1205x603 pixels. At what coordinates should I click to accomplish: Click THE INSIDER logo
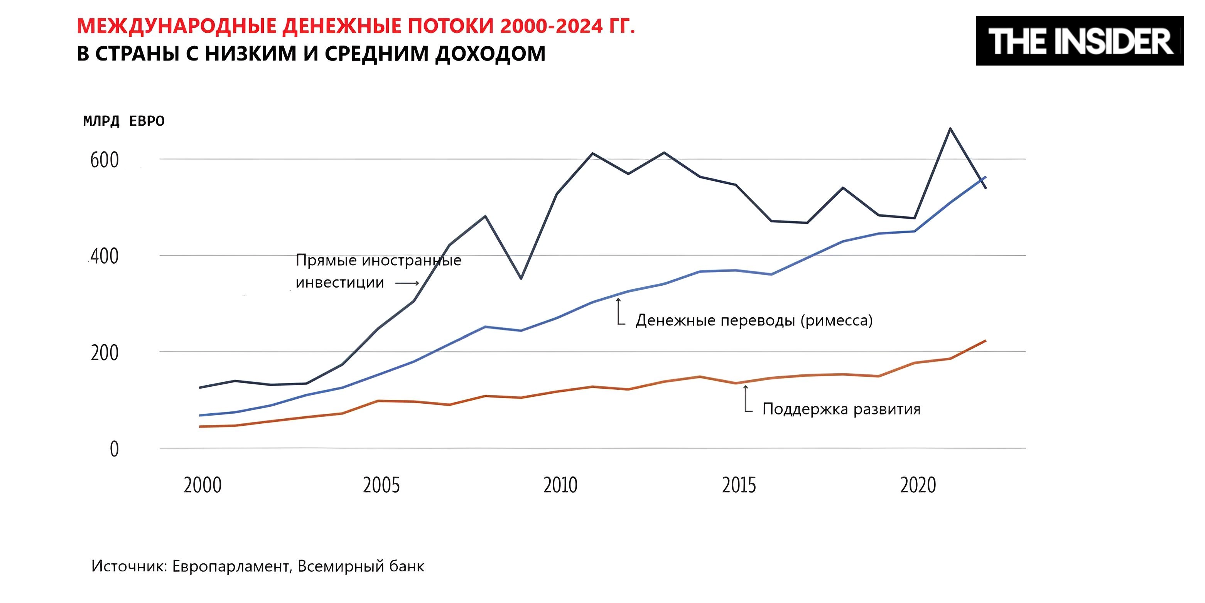tap(1079, 41)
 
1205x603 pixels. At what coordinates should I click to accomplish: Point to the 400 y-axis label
tap(104, 257)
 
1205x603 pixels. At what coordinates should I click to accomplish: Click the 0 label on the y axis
tap(114, 449)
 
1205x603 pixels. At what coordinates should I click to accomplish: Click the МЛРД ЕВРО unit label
tap(123, 121)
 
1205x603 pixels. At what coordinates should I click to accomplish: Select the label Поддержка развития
tap(841, 409)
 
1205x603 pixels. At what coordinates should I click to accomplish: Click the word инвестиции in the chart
tap(339, 283)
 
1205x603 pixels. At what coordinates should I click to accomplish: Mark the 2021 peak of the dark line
tap(950, 128)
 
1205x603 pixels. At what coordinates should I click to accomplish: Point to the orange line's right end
tap(986, 341)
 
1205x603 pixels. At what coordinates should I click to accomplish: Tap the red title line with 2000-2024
tap(356, 26)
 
